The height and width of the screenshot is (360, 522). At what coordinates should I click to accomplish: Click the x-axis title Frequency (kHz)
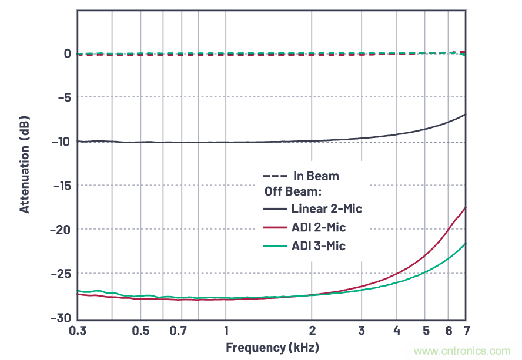point(272,347)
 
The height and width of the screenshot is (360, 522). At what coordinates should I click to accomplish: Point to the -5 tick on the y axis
point(63,97)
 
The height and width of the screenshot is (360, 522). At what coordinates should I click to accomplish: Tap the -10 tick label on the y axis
point(61,142)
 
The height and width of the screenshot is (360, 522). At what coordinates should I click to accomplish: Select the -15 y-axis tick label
point(61,186)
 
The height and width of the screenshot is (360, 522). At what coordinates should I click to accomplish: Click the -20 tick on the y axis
point(61,230)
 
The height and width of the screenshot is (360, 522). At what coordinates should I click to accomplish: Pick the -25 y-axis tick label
point(61,274)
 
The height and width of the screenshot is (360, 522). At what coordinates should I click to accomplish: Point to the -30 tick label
point(61,317)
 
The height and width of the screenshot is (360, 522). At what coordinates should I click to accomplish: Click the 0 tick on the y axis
point(68,53)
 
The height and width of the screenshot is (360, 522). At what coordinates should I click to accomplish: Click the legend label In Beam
point(316,176)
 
